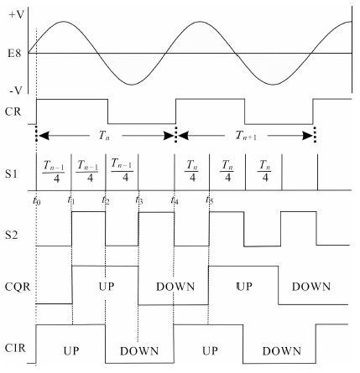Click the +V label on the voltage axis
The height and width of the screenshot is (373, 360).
coord(16,14)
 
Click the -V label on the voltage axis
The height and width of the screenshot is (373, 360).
coord(16,91)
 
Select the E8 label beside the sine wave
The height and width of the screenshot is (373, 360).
coord(14,53)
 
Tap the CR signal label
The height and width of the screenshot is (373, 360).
coord(13,111)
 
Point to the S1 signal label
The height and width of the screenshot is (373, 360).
coord(12,174)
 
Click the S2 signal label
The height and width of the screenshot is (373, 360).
coord(12,235)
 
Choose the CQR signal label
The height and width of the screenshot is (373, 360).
coord(18,287)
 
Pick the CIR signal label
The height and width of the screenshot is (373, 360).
coord(15,348)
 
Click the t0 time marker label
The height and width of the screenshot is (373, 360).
coord(37,200)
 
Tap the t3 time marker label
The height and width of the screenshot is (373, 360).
coord(139,200)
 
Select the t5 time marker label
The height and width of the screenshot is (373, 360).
coord(209,200)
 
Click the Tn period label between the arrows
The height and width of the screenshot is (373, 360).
coord(104,136)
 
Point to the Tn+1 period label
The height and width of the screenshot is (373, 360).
coord(246,136)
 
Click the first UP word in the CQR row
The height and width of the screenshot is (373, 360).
coord(107,287)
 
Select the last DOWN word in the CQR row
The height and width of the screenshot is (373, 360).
coord(311,287)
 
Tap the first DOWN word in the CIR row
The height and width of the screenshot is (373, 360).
coord(139,351)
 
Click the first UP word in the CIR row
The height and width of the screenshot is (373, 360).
coord(71,351)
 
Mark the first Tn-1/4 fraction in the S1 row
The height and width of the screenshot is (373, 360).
coord(54,171)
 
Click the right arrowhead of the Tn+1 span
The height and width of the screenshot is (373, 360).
coord(308,136)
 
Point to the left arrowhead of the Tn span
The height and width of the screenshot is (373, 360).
coord(44,136)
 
